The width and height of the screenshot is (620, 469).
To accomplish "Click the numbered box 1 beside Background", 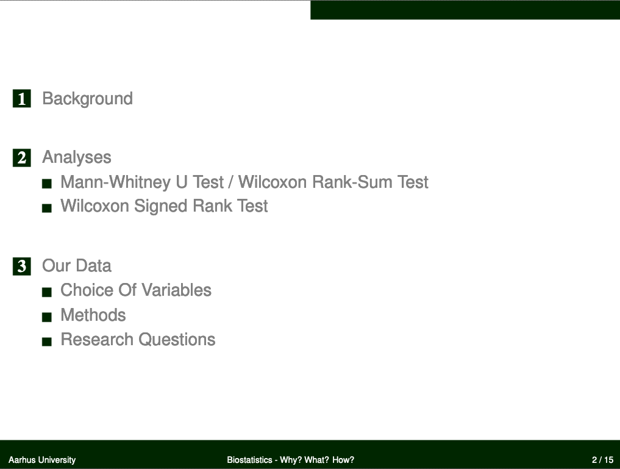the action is (22, 98).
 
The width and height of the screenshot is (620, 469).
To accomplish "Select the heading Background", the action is (87, 99).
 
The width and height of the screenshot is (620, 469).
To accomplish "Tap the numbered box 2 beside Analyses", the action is (22, 158).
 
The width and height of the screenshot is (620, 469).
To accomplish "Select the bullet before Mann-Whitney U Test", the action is (47, 184).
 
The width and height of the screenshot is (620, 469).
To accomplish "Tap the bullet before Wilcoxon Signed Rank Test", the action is (47, 208).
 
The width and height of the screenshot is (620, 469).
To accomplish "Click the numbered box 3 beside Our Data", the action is (22, 266).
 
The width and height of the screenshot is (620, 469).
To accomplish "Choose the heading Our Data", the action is (77, 266).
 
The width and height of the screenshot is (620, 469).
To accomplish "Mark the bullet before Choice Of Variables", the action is (47, 292).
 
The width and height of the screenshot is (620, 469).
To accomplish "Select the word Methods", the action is (93, 315).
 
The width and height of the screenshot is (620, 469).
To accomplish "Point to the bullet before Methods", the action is (47, 317).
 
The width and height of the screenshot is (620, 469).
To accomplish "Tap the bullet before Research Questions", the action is (47, 342).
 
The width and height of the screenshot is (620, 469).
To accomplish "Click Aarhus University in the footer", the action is (42, 460).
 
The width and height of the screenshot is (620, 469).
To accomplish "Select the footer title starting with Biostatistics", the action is (291, 460).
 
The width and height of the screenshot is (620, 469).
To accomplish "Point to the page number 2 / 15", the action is (602, 460).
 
